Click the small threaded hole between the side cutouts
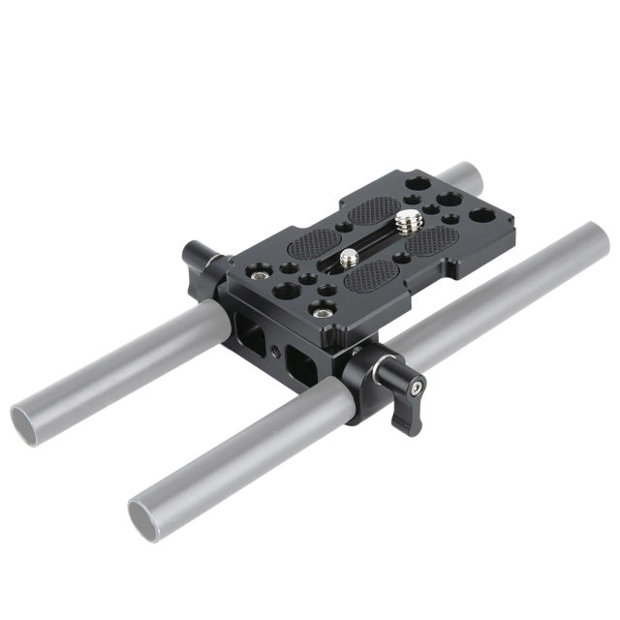(279, 346)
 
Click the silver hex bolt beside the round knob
(257, 276)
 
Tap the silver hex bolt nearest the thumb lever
(320, 309)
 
